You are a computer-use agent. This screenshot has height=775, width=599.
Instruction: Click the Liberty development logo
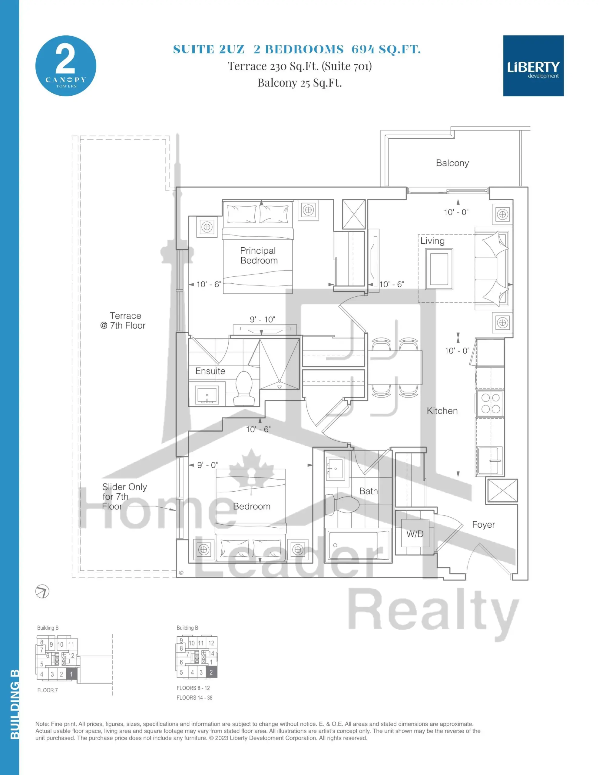[533, 66]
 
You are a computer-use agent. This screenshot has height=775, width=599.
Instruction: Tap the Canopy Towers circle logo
[66, 66]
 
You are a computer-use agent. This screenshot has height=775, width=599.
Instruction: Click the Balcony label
[452, 163]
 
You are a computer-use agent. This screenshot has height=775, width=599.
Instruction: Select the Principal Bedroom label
[259, 256]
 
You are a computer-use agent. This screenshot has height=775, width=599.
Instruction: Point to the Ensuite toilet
[244, 387]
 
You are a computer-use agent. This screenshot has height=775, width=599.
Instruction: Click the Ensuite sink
[207, 394]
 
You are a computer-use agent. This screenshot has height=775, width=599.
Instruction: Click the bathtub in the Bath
[358, 546]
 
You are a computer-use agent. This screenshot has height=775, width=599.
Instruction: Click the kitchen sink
[490, 460]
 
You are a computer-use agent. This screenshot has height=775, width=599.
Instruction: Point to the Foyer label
[483, 524]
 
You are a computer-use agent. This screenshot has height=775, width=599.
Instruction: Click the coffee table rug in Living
[439, 269]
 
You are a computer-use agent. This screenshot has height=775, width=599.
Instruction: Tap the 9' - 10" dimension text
[262, 319]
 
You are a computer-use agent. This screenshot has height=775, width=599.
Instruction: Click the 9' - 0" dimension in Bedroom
[207, 465]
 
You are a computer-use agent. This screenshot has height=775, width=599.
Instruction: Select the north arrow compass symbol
[42, 591]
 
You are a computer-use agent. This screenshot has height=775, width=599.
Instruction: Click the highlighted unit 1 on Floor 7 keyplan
[71, 674]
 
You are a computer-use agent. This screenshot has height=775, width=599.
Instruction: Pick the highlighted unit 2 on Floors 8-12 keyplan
[211, 672]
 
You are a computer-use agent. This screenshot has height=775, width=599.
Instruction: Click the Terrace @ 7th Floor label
[123, 320]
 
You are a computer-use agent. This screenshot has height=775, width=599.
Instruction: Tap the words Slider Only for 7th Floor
[124, 496]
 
